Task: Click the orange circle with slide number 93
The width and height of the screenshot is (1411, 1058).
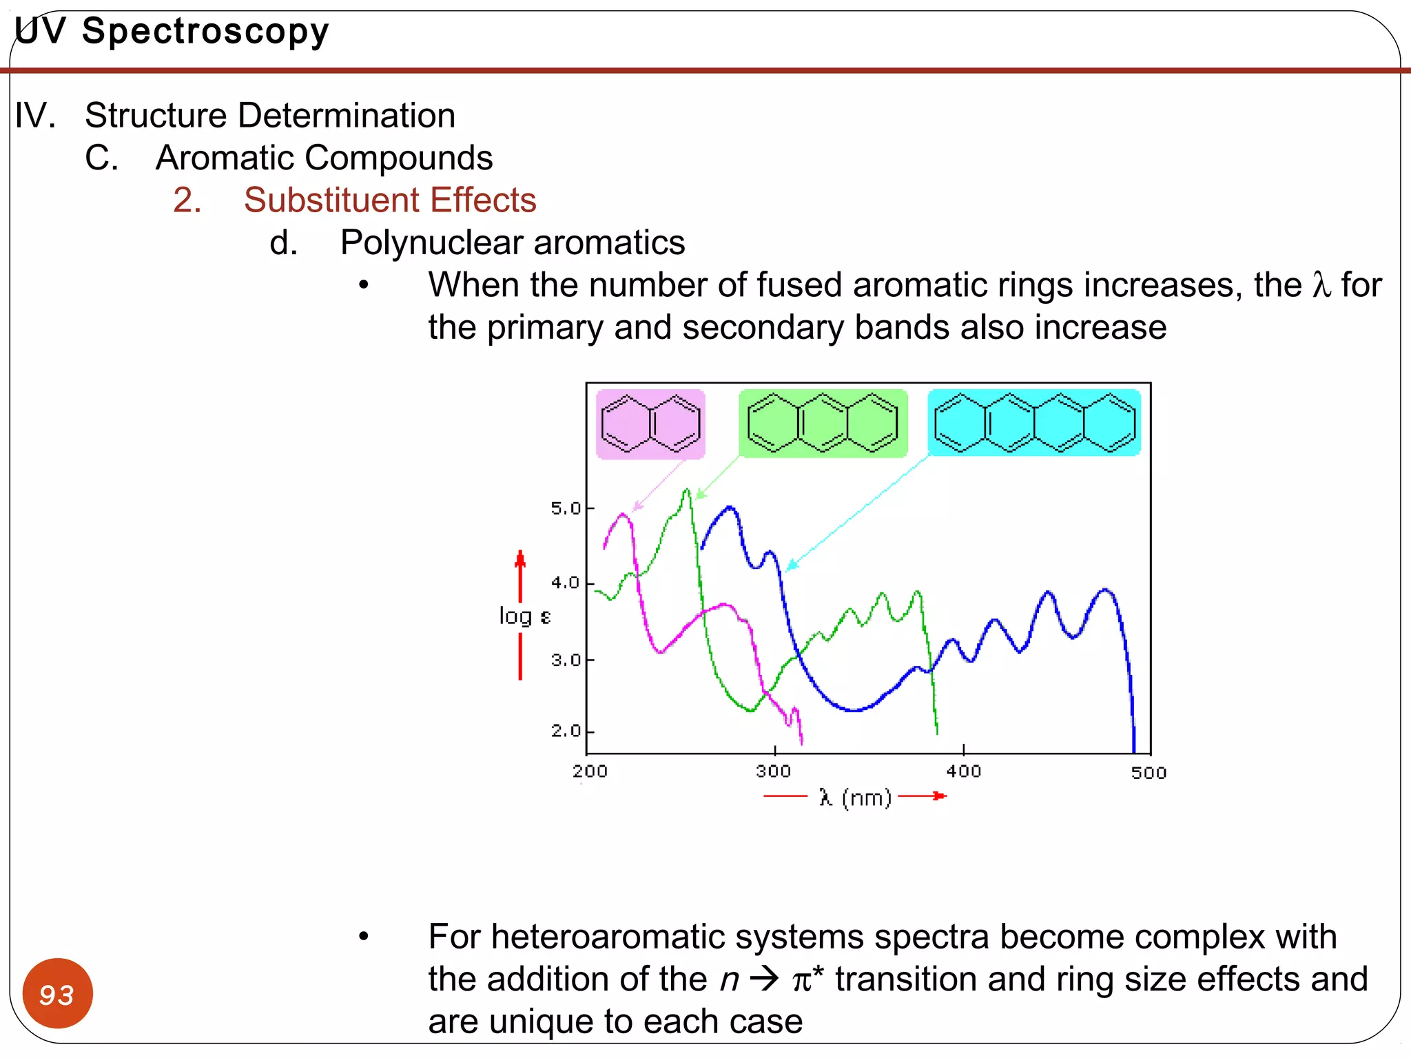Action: click(57, 993)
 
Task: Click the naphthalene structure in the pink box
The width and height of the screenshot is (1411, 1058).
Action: click(650, 424)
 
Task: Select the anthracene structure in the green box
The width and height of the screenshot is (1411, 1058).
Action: click(823, 423)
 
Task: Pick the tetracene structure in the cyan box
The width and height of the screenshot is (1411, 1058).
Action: click(1033, 422)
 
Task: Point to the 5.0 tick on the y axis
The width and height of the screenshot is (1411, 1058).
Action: click(566, 508)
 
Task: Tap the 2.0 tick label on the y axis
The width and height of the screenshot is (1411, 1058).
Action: click(566, 731)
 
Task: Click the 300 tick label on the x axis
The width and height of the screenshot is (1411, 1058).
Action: click(774, 771)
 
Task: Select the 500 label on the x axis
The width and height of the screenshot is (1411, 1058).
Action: click(1149, 773)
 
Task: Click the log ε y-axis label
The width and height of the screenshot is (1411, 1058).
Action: click(524, 616)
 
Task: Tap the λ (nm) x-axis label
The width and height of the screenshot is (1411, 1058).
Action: click(855, 798)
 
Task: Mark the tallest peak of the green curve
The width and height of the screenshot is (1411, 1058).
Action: click(686, 490)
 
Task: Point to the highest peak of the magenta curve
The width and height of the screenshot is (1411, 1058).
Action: click(624, 515)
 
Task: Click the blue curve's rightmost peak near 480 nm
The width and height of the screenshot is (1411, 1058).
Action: click(1105, 590)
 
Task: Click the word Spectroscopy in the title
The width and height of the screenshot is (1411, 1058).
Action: click(205, 32)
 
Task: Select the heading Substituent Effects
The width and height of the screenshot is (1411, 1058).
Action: click(390, 200)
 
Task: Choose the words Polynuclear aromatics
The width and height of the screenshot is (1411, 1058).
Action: click(513, 242)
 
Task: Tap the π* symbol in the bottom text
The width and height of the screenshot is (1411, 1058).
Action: click(807, 979)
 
